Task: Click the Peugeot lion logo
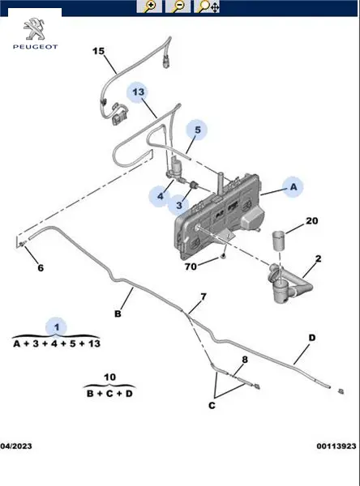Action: tap(34, 29)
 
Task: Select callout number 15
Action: tap(99, 51)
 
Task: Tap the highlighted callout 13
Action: tap(139, 92)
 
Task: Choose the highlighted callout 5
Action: tap(198, 130)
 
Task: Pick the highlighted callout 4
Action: tap(161, 196)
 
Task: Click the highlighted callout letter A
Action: tap(294, 187)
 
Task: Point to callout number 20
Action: tap(312, 221)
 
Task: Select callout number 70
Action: tap(191, 266)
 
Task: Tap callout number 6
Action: tap(41, 268)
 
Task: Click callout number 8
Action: tap(245, 360)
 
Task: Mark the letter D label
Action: tap(312, 338)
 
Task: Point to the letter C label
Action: tap(212, 406)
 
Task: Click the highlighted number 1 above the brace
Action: tap(57, 327)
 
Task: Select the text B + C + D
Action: tap(109, 394)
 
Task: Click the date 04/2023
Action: tap(16, 446)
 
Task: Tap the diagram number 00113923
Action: tap(336, 446)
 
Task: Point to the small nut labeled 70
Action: tap(223, 256)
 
